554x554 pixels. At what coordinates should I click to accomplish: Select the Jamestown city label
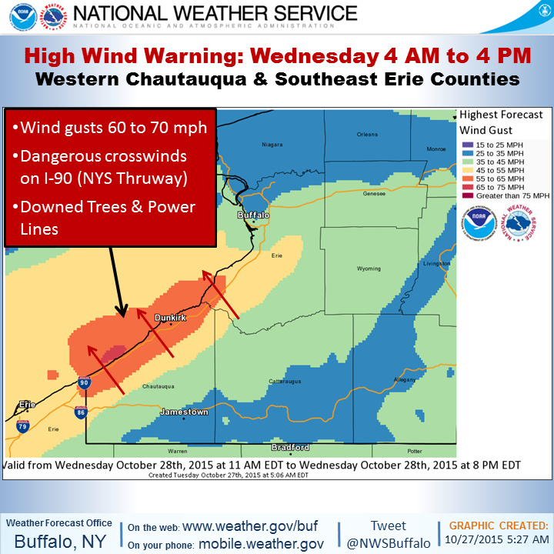click(x=183, y=412)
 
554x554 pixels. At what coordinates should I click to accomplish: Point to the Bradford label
click(x=290, y=447)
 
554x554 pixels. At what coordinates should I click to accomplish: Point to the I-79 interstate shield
click(x=24, y=425)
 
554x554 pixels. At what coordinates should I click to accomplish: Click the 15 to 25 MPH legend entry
click(x=501, y=144)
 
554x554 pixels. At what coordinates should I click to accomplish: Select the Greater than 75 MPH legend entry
click(x=506, y=195)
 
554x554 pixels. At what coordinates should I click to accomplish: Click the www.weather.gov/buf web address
click(x=249, y=527)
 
